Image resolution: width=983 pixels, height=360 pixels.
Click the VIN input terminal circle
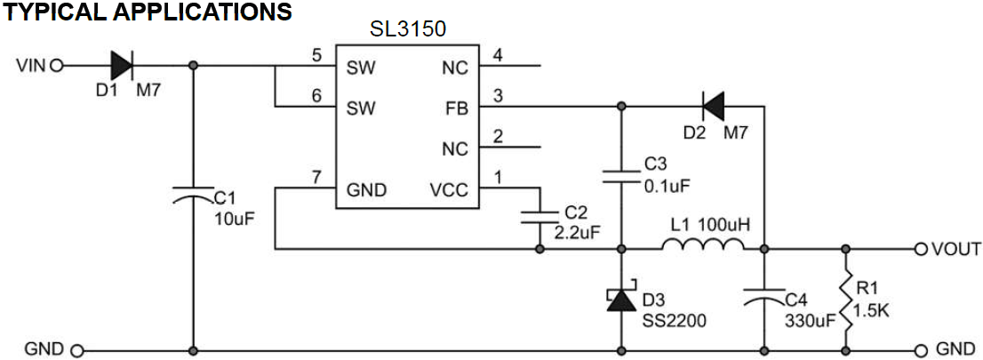tap(57, 66)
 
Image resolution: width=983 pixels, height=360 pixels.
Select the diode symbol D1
tap(122, 66)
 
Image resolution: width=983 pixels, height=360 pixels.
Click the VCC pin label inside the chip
tap(448, 188)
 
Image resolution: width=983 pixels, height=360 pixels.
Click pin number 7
tap(316, 177)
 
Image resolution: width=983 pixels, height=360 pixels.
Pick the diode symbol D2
tap(712, 107)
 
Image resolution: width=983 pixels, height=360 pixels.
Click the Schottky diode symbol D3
tap(620, 300)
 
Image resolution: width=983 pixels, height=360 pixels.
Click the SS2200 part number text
tap(674, 319)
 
